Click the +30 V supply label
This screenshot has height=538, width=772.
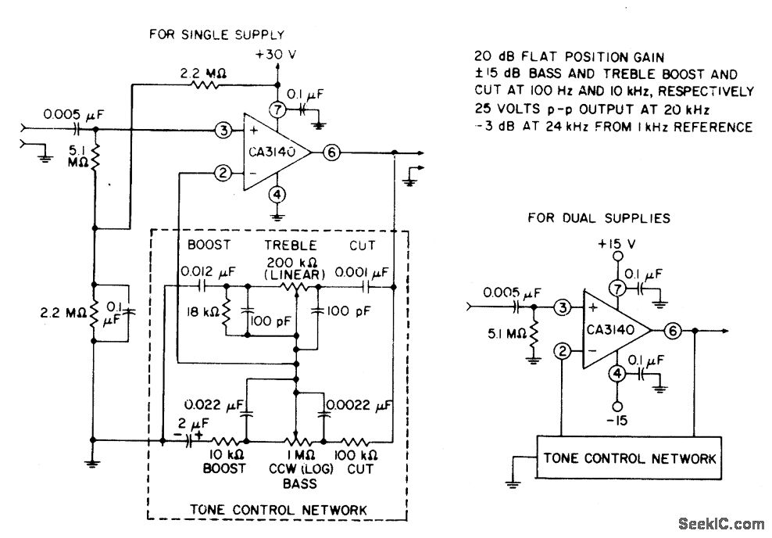point(275,56)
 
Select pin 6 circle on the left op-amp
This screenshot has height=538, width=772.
point(331,152)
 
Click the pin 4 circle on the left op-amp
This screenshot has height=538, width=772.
point(277,194)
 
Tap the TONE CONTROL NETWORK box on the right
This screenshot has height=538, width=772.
point(629,457)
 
